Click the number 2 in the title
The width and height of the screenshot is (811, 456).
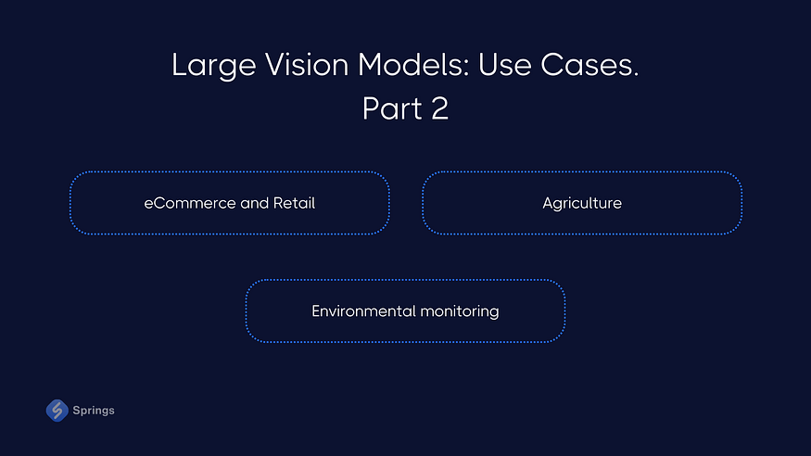coord(439,108)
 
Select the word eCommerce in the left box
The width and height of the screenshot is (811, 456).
coord(190,203)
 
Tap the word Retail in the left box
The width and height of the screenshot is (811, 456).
coord(294,203)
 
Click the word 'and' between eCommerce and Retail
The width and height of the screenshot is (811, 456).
coord(254,203)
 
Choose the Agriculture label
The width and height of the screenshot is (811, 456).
coord(582,203)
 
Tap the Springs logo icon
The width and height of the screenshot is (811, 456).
coord(57,410)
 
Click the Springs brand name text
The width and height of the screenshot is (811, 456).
coord(94,411)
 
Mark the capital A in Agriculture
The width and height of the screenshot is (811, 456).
coord(548,203)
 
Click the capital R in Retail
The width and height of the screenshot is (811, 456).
coord(277,203)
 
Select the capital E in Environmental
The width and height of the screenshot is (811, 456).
coord(316,311)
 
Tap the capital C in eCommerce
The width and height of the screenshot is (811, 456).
coord(158,203)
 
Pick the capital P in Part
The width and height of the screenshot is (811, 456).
coord(370,108)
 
